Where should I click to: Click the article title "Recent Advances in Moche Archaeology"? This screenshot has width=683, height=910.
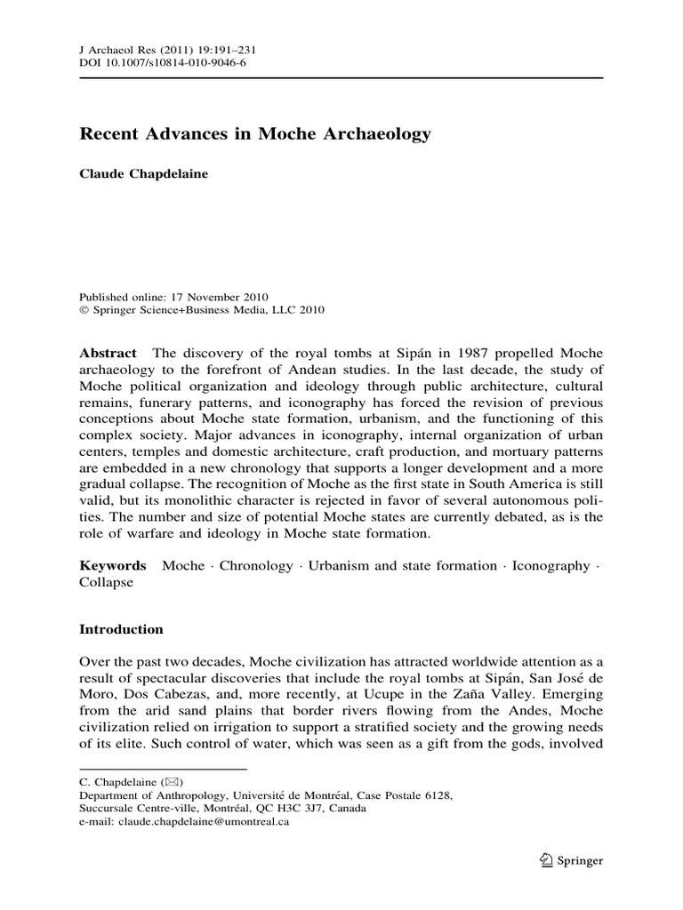click(255, 135)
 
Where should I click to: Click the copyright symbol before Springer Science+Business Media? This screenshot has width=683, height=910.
click(84, 310)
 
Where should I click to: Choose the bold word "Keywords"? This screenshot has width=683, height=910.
click(113, 565)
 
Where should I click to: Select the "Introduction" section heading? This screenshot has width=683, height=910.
click(122, 629)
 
